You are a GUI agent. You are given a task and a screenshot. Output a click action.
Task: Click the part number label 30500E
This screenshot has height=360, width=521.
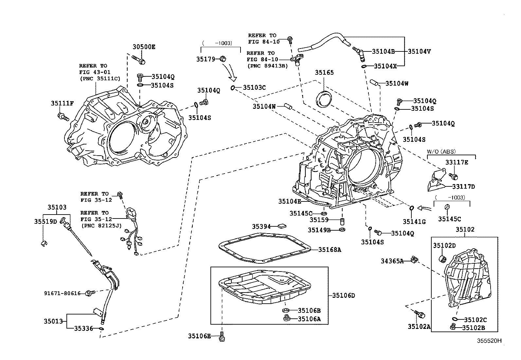pos(144,47)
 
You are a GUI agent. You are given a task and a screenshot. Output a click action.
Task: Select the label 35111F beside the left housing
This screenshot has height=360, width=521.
pos(62,104)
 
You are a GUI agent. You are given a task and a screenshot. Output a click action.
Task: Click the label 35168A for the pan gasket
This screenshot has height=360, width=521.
pos(330,250)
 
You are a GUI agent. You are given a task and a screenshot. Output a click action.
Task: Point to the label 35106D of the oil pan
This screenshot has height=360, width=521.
pos(344,295)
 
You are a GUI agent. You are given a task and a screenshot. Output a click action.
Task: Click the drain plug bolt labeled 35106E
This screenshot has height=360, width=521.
pos(223,337)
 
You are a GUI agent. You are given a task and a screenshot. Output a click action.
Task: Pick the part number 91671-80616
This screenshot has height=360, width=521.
pos(63,294)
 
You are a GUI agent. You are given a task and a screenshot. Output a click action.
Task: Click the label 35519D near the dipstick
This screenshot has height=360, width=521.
pos(45,221)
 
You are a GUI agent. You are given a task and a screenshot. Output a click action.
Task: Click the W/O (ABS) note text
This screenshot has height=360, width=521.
pos(441,152)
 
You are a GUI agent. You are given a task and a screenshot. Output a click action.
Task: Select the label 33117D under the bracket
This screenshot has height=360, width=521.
pos(463,186)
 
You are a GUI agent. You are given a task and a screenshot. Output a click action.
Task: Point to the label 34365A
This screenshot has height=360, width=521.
pos(392,261)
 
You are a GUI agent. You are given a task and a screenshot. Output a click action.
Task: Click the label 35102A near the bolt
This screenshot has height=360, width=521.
pos(419,326)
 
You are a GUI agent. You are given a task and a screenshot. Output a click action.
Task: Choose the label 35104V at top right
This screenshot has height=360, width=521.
pos(419,51)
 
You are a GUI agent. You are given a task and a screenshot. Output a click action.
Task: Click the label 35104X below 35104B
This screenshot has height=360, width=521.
pos(385,66)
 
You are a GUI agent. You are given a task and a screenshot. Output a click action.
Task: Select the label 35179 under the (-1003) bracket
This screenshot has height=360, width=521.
pos(206,59)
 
